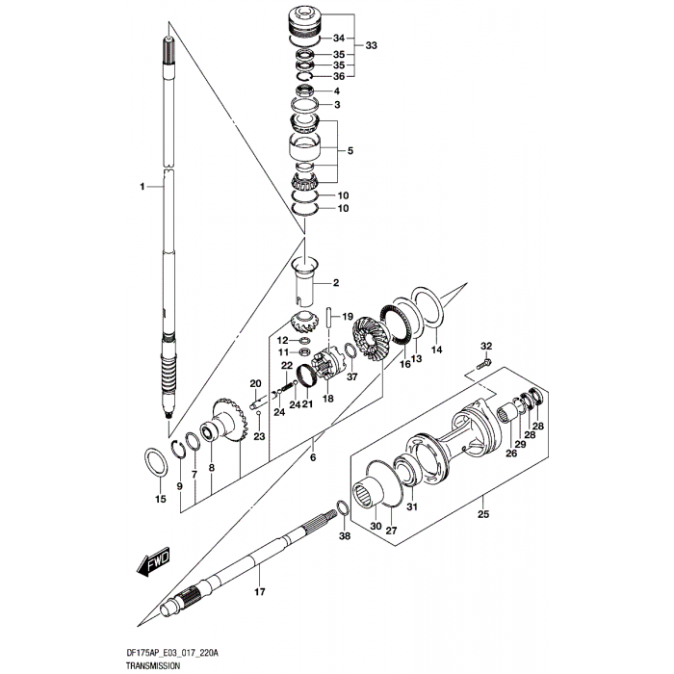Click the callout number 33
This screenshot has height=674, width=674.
point(371,45)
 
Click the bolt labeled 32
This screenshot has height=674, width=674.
point(483,363)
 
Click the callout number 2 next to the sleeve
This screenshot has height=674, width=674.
point(336,283)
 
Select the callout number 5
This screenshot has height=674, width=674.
point(350,151)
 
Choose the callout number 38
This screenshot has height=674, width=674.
point(346,535)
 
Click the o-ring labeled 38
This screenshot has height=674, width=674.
point(343,508)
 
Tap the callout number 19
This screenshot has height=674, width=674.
point(348,318)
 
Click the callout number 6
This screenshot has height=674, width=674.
point(313,458)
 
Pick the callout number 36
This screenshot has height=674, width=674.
point(338,77)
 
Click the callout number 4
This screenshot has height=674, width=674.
point(337,91)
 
